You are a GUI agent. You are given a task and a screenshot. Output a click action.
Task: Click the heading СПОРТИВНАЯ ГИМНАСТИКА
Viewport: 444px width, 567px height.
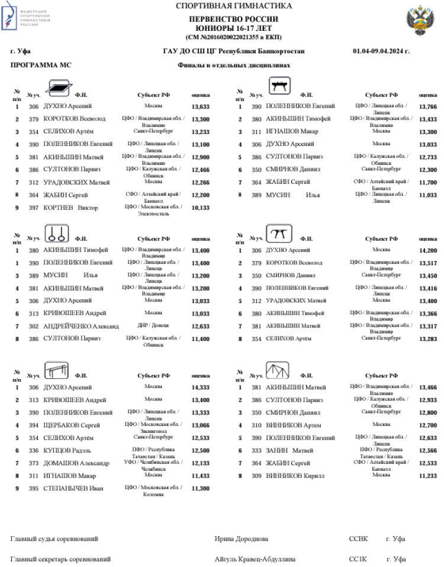(x=234, y=6)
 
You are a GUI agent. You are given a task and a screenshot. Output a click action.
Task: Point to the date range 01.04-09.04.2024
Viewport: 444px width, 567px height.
(x=381, y=51)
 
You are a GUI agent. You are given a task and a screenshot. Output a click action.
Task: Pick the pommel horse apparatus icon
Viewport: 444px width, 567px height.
(x=279, y=87)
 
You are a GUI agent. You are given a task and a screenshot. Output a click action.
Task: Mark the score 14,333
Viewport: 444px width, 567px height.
(x=201, y=387)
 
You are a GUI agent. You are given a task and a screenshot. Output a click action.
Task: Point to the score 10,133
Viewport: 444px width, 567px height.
(x=201, y=208)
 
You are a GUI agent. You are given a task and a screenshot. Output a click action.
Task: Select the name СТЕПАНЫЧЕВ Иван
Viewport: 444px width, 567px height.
(x=73, y=489)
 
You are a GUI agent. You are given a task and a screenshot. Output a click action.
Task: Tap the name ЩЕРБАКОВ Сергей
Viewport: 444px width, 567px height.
(x=74, y=425)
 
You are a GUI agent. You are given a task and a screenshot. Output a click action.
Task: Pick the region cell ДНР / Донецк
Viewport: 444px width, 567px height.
(x=153, y=326)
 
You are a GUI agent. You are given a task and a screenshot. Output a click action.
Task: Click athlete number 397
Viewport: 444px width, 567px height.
(x=34, y=208)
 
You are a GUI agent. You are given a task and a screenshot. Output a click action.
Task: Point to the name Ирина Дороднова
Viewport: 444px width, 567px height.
(x=241, y=539)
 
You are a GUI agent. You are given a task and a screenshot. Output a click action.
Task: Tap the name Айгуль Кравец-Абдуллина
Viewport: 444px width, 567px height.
(x=255, y=559)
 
